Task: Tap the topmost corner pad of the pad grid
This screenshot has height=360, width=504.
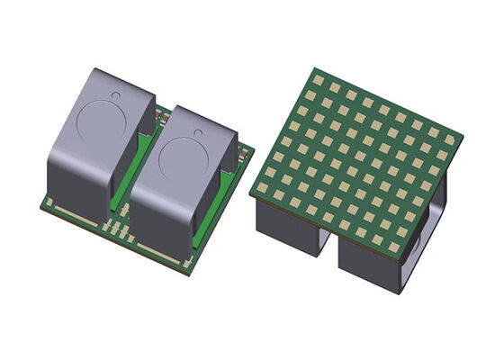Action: [x=319, y=79]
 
